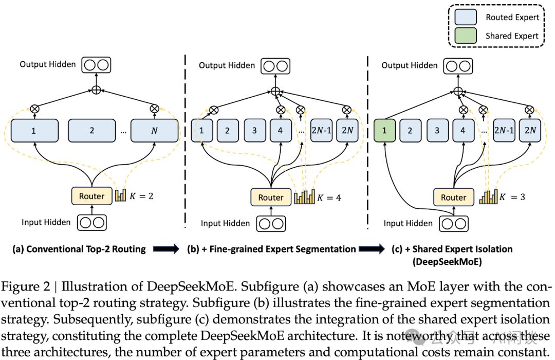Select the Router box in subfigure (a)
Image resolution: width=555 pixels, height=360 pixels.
coord(92,196)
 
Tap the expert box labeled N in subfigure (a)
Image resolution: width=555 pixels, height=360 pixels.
coord(155,131)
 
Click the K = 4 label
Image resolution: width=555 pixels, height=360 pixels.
coord(328,197)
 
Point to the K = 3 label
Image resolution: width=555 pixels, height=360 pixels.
coord(512,196)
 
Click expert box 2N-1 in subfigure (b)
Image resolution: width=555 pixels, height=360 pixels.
coord(322,131)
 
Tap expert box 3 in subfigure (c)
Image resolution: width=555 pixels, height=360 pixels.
coord(437,131)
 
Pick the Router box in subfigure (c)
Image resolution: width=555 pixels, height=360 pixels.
coord(454,197)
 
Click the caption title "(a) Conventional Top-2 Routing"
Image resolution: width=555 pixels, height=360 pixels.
coord(79,249)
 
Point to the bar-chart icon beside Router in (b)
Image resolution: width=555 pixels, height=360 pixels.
coord(304,197)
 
